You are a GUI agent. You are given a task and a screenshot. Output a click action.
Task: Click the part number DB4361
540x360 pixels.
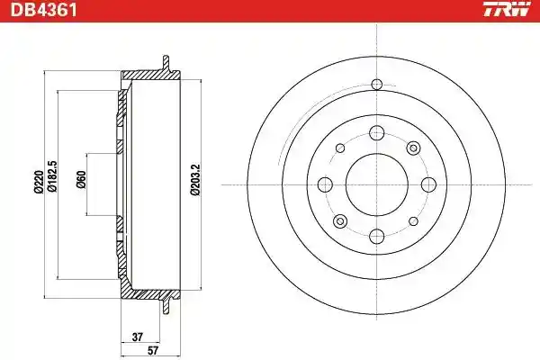click(x=44, y=10)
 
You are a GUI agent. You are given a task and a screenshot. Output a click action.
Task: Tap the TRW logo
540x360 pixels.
click(x=506, y=9)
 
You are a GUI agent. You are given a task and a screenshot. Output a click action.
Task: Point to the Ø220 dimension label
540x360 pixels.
click(x=38, y=184)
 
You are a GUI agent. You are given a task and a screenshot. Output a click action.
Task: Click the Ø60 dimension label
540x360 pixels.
click(x=81, y=179)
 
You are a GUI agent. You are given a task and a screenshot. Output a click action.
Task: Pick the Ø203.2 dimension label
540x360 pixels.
click(x=195, y=180)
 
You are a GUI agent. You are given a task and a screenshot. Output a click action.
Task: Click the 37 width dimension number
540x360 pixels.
click(x=137, y=337)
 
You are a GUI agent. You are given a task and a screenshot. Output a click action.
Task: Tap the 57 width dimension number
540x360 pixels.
click(x=153, y=351)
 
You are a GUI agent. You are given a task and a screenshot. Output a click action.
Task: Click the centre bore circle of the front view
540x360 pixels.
click(x=377, y=184)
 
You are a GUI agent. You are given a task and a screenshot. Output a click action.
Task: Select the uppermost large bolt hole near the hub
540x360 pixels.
click(x=377, y=133)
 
